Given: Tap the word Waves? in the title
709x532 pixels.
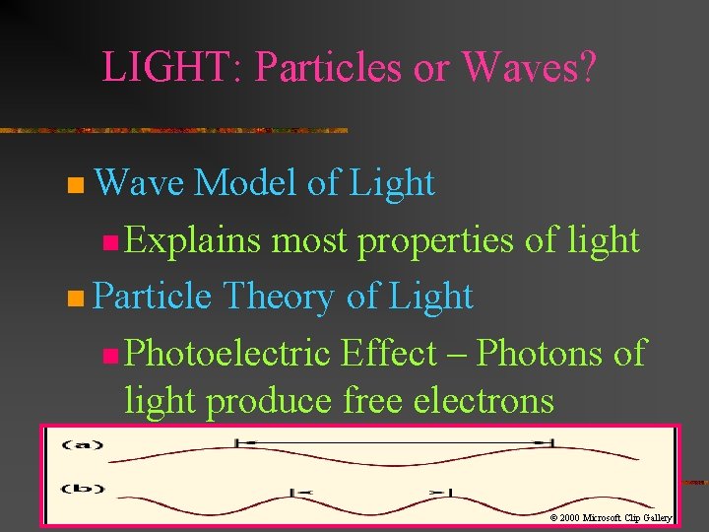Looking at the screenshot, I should click(529, 67).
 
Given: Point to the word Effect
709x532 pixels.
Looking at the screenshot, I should click(387, 353).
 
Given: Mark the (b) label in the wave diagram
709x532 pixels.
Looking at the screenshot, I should click(83, 488).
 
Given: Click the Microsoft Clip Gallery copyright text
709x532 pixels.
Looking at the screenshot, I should click(610, 516).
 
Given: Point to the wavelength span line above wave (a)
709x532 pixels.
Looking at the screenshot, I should click(394, 443).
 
